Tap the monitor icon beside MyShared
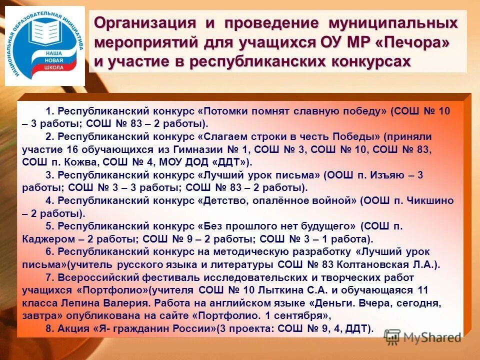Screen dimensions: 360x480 (x=392, y=336)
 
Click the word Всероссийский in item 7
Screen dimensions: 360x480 (x=93, y=277)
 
